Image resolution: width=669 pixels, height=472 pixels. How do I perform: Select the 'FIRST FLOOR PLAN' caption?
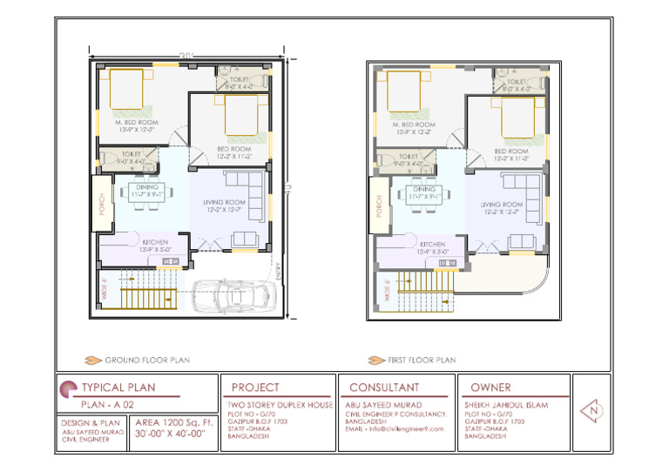click(x=420, y=359)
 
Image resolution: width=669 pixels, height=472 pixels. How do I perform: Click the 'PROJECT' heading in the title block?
click(x=255, y=387)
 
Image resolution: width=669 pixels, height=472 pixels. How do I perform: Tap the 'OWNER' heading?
click(x=490, y=387)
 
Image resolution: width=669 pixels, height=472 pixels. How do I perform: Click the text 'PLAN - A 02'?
click(x=107, y=405)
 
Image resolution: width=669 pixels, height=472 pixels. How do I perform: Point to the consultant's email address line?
click(x=395, y=428)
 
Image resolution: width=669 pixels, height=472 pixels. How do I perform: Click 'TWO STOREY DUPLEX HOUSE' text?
click(x=280, y=406)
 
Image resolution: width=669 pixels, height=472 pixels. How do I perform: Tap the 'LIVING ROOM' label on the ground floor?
click(x=226, y=202)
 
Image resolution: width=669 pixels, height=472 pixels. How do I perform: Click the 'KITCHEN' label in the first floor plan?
click(x=432, y=244)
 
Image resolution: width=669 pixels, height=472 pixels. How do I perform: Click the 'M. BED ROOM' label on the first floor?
click(x=415, y=125)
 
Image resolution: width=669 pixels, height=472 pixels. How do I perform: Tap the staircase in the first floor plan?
click(x=423, y=291)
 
